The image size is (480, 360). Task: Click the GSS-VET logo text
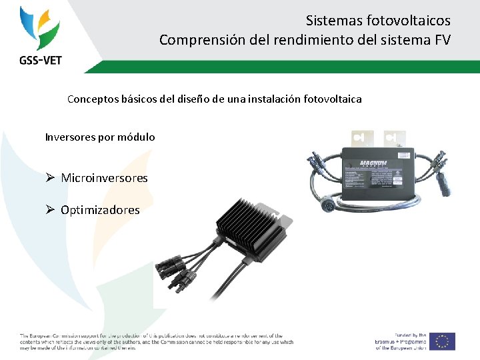(x=40, y=59)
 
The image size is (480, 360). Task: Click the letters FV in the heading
(x=442, y=41)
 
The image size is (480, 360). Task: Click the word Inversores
(x=70, y=137)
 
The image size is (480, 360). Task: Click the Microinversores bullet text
(x=104, y=178)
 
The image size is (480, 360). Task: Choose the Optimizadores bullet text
(x=100, y=210)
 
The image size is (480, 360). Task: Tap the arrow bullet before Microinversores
(x=50, y=178)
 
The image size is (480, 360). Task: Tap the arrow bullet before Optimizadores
(x=50, y=210)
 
